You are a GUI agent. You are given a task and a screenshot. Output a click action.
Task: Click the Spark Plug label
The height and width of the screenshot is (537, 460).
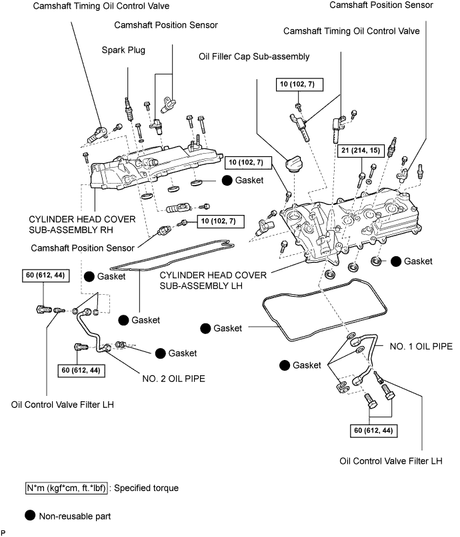coord(123,50)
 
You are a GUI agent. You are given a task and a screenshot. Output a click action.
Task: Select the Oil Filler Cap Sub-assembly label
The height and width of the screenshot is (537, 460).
coord(253,57)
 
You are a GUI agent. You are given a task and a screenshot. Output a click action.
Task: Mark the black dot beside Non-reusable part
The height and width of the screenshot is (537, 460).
coord(30,514)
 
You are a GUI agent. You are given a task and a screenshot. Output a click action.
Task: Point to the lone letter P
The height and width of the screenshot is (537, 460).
coord(3,533)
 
